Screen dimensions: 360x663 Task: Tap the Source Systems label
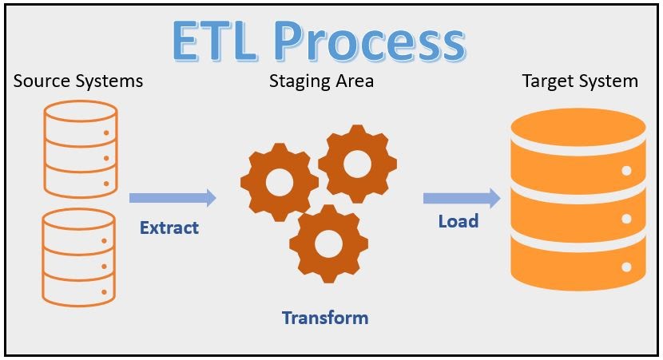point(78,81)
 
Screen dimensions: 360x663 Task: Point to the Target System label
point(580,81)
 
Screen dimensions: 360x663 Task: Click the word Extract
point(169,227)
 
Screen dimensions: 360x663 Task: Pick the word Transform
point(325,318)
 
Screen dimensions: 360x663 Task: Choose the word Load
point(458,221)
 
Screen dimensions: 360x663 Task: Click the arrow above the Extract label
point(173,197)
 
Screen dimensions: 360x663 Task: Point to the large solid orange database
point(578,200)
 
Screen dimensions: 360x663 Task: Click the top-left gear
point(279,184)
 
